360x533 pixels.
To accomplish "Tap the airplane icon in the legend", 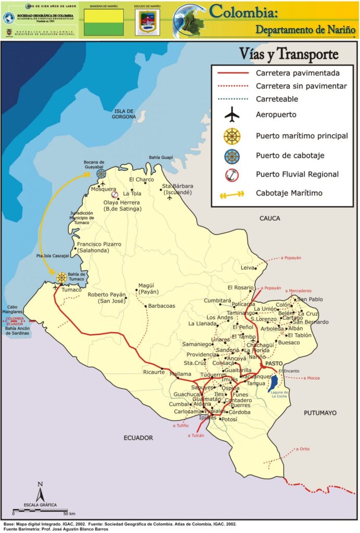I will coord(232,115).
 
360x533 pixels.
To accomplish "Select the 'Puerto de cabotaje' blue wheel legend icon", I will coord(232,155).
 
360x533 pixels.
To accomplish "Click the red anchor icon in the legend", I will coord(232,175).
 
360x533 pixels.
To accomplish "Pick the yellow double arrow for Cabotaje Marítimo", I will coord(232,194).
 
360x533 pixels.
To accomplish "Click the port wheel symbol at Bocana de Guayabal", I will coord(101,173).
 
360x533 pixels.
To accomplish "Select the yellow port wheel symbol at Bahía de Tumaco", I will coord(61,277).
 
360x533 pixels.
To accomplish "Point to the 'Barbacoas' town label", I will coord(161,306).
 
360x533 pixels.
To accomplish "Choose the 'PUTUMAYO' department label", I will coord(320,413).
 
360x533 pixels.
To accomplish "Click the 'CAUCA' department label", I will coord(270,218).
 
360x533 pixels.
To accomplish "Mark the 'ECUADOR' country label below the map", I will coord(138,438).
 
